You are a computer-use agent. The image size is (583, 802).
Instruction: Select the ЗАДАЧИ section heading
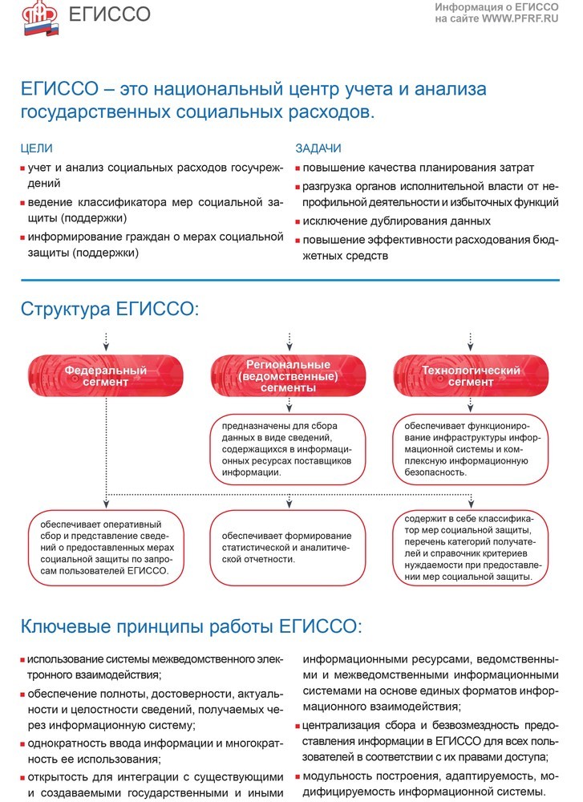coord(318,148)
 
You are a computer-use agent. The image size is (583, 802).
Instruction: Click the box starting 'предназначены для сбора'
coord(288,450)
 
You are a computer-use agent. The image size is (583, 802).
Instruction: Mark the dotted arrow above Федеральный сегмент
coord(106,340)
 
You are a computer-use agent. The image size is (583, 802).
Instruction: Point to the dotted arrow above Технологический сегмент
coord(471,340)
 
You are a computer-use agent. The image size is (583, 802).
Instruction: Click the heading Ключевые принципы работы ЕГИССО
coord(192,626)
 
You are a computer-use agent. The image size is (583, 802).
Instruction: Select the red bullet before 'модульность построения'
coord(298,776)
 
